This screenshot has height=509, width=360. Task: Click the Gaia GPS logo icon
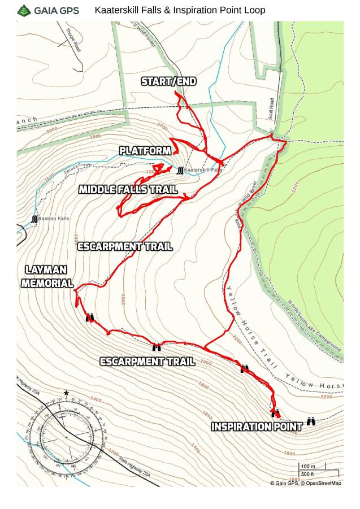(24, 10)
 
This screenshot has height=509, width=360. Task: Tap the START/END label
(168, 81)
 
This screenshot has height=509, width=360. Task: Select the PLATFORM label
(145, 151)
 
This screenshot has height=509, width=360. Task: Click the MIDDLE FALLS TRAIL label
(128, 189)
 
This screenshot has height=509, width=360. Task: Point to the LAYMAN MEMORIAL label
(47, 277)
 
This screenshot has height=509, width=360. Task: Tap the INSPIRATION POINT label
(257, 427)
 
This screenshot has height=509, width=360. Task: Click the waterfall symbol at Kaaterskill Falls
(180, 171)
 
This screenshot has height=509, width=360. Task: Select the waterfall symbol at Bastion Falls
(34, 219)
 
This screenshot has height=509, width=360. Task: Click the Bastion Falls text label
(54, 219)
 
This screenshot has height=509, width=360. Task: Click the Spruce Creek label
(77, 166)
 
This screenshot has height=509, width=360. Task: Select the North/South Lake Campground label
(314, 326)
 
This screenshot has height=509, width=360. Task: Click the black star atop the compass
(66, 393)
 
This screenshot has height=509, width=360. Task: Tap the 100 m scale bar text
(308, 467)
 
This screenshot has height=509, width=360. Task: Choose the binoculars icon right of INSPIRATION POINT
(311, 421)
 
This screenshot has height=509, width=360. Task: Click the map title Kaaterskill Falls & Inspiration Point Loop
(180, 10)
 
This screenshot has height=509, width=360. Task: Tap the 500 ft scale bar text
(307, 475)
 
